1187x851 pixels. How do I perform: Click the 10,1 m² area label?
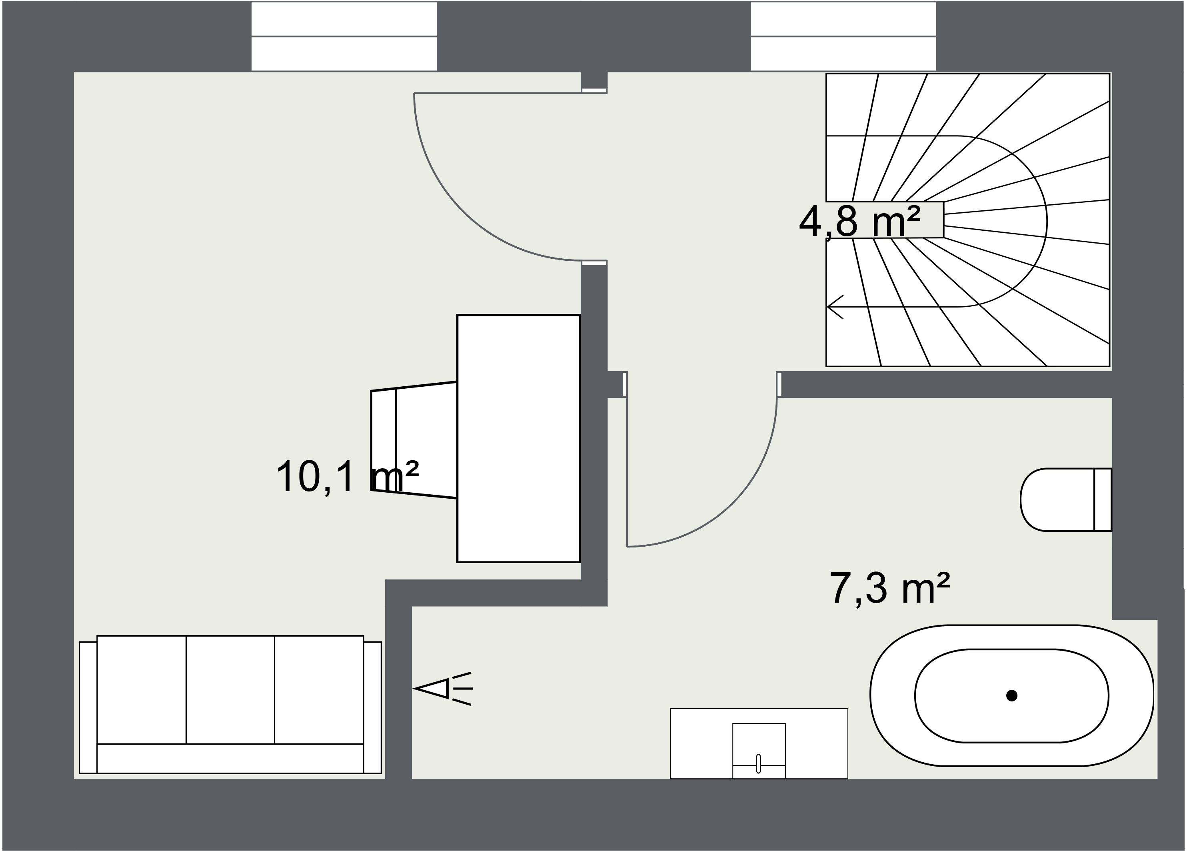[x=347, y=477]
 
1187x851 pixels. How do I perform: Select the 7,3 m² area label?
[x=890, y=588]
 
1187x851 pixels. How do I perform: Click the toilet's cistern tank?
[x=1103, y=500]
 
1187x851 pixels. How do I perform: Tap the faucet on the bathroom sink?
[x=758, y=763]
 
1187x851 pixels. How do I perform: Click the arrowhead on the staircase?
[x=835, y=307]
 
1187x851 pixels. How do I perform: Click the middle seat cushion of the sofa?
[x=230, y=689]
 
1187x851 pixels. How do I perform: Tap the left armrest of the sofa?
[x=88, y=707]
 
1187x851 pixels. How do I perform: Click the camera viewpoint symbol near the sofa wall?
[x=443, y=688]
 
